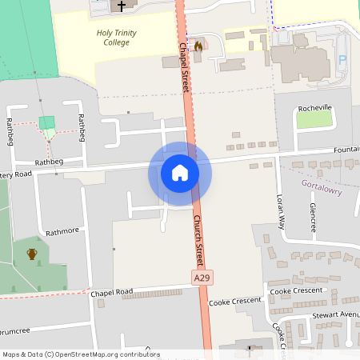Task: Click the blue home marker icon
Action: point(179,173)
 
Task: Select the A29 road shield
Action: point(202,277)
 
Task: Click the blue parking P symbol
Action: point(343,60)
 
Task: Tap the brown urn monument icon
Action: point(32,254)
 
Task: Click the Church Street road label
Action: point(198,239)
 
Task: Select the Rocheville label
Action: point(314,107)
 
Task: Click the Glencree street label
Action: point(314,215)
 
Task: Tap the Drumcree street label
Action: point(16,330)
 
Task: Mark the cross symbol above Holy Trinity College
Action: point(122,6)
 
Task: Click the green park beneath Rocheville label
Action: point(314,119)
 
